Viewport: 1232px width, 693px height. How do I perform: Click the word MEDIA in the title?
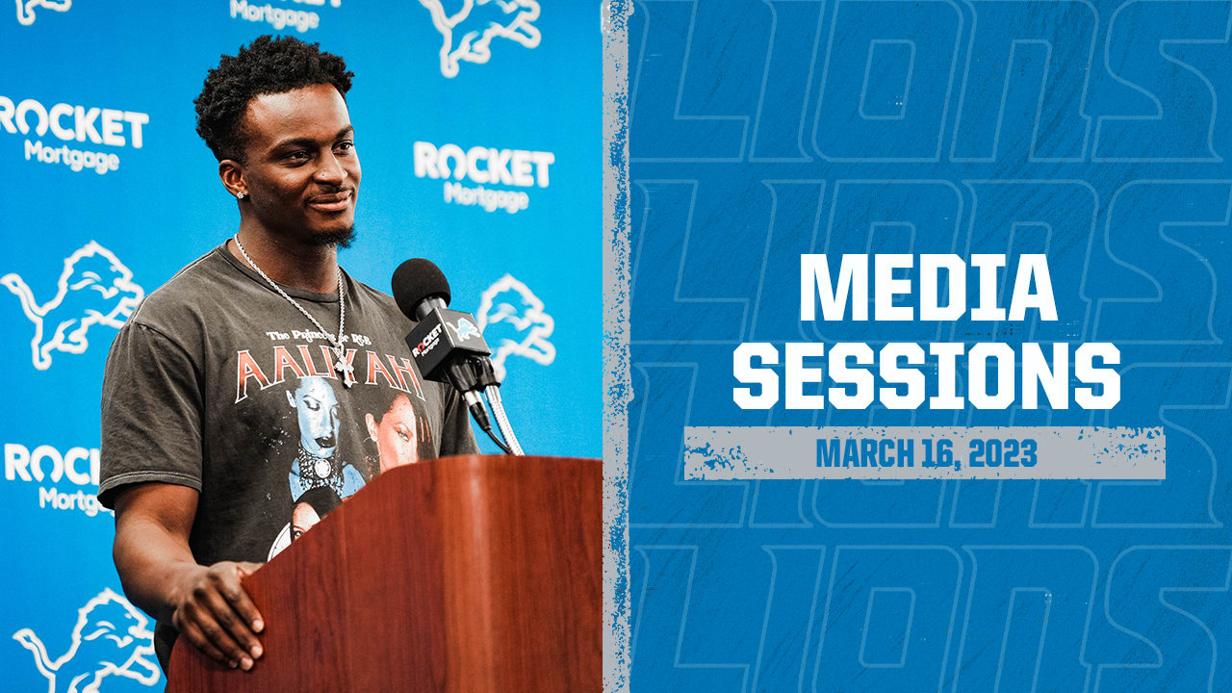tap(928, 289)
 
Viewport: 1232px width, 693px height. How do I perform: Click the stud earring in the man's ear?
tap(240, 193)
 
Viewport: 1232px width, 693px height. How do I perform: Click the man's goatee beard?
tap(335, 235)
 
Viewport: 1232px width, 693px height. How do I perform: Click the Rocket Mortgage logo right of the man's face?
tap(484, 175)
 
